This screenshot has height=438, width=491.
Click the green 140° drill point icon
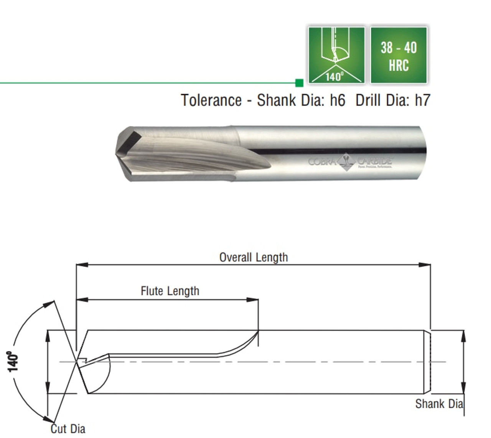point(336,55)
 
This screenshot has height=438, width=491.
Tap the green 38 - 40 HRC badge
point(399,55)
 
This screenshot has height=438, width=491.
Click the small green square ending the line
point(300,82)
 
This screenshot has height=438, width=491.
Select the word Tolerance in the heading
point(211,100)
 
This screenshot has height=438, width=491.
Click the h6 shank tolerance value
point(337,100)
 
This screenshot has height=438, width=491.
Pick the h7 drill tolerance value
point(422,100)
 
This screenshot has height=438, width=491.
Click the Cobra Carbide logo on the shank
point(350,161)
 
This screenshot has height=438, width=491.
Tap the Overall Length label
point(253,257)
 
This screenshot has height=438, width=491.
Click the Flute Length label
point(170,291)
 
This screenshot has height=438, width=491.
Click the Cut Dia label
point(68,429)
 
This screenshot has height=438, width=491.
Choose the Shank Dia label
point(439,404)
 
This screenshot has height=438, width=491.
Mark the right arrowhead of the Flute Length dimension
point(253,300)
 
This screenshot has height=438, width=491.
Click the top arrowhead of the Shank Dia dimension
point(463,335)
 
